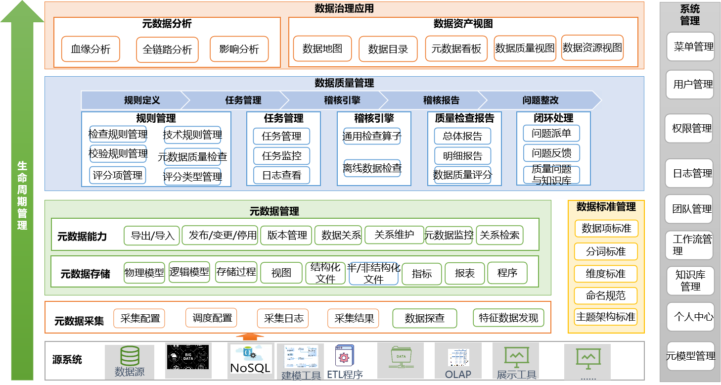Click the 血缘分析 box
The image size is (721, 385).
(90, 49)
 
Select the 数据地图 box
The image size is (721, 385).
(322, 48)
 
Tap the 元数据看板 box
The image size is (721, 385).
(456, 48)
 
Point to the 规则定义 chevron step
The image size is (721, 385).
(142, 100)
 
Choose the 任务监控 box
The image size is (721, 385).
(281, 156)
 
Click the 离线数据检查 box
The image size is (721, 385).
(372, 168)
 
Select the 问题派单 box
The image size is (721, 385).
(551, 133)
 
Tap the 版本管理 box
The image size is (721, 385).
(287, 235)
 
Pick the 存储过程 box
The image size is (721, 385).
(236, 272)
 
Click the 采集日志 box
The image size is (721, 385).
(283, 318)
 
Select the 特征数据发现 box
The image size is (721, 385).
(508, 318)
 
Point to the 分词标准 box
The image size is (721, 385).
(606, 251)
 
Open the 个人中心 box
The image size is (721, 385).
(690, 317)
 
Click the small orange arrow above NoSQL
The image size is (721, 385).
(250, 337)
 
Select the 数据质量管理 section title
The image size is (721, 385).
(344, 83)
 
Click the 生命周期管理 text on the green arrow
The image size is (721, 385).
(22, 195)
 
